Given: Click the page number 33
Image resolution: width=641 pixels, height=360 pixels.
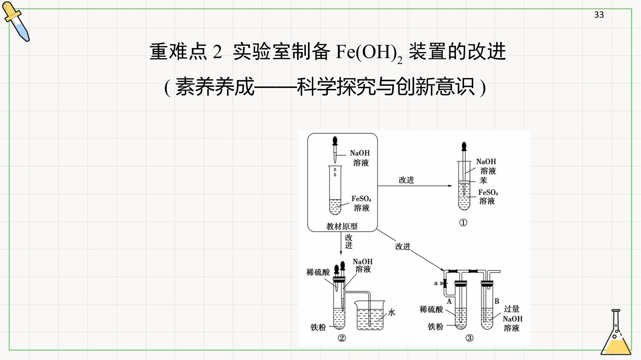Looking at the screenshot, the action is coord(599,14).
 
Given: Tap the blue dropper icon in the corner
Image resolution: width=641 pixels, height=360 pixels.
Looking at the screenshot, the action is coord(16,21).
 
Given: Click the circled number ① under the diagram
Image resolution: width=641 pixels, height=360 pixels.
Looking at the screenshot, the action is coord(463,223).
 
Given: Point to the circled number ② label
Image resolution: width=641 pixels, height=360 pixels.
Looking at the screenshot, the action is coord(342,338).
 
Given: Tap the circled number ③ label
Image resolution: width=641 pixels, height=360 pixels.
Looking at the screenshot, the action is coord(469,338).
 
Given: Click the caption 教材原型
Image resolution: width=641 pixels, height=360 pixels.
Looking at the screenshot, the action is coord(342,226).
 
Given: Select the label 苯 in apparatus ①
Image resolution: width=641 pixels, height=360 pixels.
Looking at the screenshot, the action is coord(483,180).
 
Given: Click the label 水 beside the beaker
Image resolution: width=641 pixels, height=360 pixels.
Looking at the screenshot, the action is coord(391,312).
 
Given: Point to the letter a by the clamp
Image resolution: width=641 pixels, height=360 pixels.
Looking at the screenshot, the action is coord(436,283).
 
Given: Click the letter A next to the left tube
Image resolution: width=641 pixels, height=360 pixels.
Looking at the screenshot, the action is coord(449,301).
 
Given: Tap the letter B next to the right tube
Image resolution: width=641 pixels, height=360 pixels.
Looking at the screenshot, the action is coord(497,301).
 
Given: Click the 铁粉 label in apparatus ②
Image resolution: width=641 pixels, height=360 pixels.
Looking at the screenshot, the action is coord(318,327).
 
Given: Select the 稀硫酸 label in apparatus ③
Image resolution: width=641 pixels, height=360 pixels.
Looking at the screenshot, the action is coord(431,310).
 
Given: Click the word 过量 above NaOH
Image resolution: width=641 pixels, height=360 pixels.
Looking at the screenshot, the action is coord(511,309).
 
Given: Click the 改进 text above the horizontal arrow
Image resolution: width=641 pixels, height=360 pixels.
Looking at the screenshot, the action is coord(406,180).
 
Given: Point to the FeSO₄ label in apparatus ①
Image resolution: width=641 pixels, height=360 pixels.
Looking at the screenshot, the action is coord(488,193).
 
